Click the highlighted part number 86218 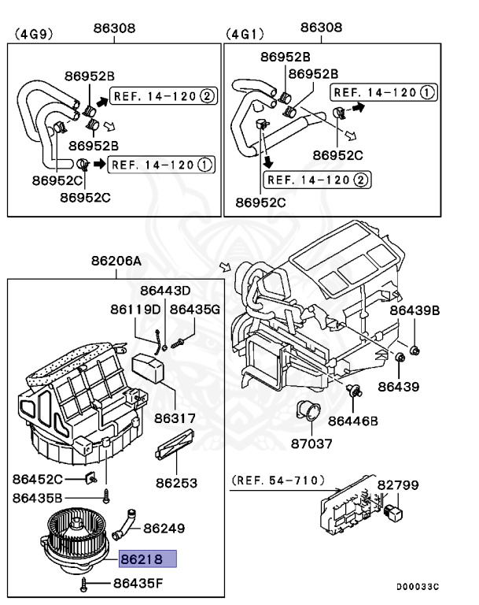coord(147,560)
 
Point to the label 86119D coord(134,308)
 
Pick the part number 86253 coord(175,483)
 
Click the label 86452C coord(37,478)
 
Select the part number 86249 coord(164,527)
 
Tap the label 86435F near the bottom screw coord(138,584)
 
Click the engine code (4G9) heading coord(31,34)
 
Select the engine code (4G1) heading coord(244,34)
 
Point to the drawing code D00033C coord(417,587)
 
